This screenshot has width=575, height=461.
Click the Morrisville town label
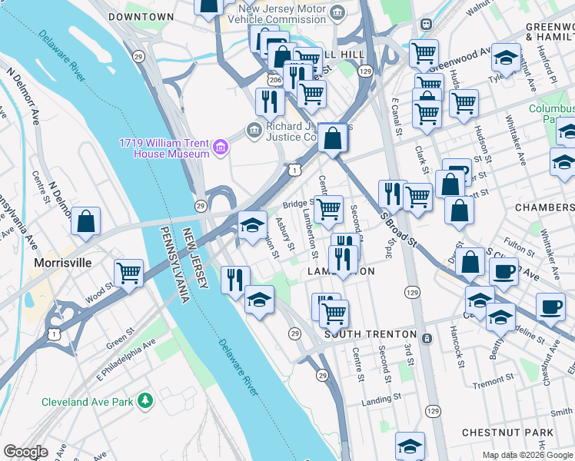pos(62,263)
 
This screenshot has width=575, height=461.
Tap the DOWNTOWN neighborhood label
pos(141,16)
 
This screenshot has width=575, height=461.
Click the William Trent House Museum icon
pos(221,147)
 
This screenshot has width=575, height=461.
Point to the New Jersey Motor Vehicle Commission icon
pos(337,12)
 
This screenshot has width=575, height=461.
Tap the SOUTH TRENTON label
pos(370,335)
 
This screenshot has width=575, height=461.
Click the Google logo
pos(25,452)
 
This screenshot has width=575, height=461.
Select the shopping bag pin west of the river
pos(86,222)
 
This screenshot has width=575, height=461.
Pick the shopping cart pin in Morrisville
pos(128,272)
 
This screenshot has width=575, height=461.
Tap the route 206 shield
pos(274,79)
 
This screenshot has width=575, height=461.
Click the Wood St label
pos(100,293)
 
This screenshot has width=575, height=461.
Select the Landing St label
pos(381,399)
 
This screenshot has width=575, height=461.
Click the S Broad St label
pos(398,229)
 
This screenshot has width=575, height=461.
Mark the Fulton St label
pos(520,249)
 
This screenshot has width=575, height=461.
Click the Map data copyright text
pos(527,454)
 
